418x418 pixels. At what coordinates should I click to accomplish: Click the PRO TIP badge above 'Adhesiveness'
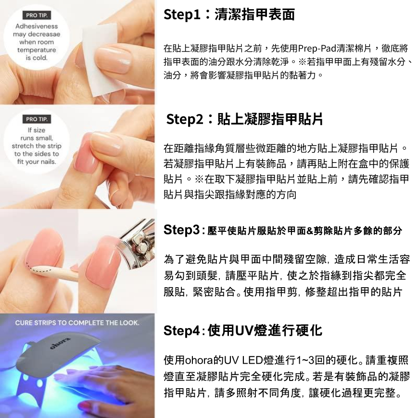point(37,15)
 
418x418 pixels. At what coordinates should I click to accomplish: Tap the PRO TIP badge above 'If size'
point(37,119)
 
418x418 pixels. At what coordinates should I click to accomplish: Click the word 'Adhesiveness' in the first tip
point(37,26)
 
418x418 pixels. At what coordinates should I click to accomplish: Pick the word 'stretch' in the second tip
point(21,146)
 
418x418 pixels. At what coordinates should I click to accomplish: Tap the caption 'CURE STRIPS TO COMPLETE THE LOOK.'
point(77,323)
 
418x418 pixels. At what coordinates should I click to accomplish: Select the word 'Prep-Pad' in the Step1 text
point(317,49)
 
